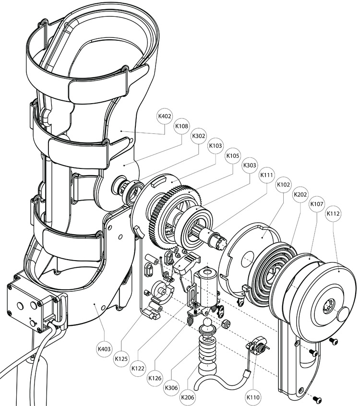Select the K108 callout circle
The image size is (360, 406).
click(x=181, y=126)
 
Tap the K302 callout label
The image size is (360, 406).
click(x=199, y=136)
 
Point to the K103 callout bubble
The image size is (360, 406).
click(x=216, y=145)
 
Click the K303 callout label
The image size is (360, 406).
click(x=250, y=166)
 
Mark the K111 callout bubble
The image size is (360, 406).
click(x=266, y=175)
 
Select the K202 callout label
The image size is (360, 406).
click(x=300, y=194)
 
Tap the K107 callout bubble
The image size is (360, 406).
click(x=317, y=203)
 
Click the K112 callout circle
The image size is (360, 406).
click(x=334, y=214)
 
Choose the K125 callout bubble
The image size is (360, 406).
click(x=121, y=358)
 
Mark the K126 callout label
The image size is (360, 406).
click(x=155, y=378)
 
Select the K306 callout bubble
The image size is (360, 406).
click(x=171, y=387)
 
